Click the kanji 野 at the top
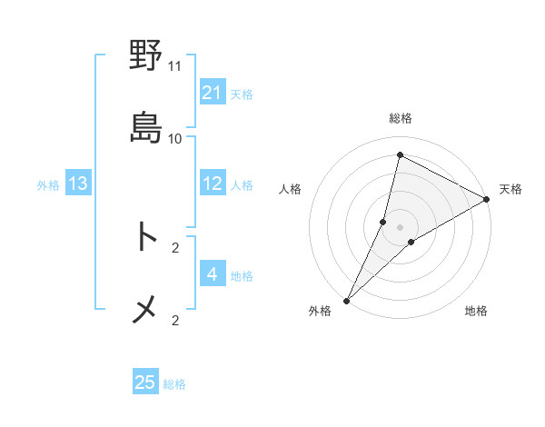coord(145,56)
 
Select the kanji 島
coord(145,127)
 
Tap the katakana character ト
coord(145,237)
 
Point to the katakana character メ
coord(145,310)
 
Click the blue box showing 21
coord(213,93)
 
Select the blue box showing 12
coord(213,184)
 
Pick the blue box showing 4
coord(213,273)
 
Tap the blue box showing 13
coord(78,184)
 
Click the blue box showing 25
coord(145,382)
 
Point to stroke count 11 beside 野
coord(175,66)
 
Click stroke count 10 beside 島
coord(175,138)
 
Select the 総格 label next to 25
coord(174,384)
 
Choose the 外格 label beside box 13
coord(48,185)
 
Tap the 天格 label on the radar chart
coord(510,189)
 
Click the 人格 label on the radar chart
coord(291,189)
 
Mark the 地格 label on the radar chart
coord(476,312)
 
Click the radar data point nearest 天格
coord(487,199)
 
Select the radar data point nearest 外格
coord(346,300)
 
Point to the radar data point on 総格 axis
coord(400,154)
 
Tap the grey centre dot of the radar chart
coord(401,227)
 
